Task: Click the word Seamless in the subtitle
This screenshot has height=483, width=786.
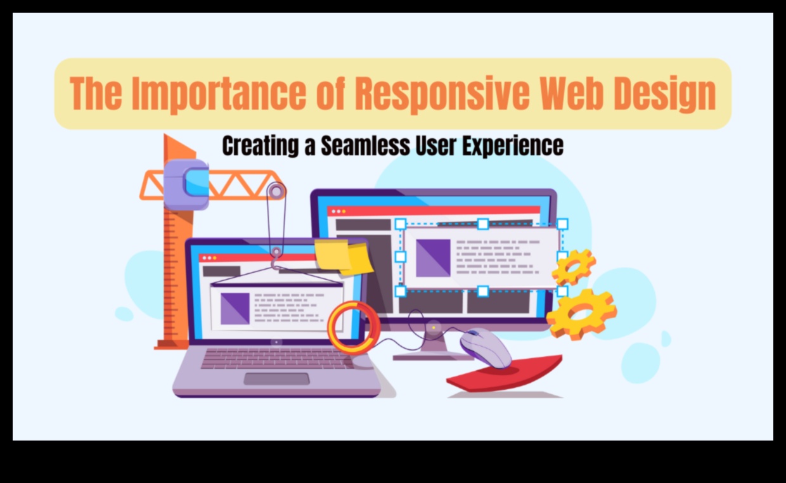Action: tap(365, 146)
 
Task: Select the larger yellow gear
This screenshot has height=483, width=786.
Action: tap(581, 314)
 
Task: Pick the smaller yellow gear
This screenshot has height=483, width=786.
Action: tap(574, 267)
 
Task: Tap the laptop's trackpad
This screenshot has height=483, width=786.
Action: tap(276, 379)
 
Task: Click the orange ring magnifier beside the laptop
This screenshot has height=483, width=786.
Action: tap(354, 327)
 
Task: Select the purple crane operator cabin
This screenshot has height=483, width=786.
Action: tap(186, 184)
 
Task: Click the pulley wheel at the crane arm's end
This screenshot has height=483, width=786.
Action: tap(276, 191)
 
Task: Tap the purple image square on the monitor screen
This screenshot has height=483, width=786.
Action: tap(433, 258)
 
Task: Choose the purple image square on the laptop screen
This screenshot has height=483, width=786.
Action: tap(235, 309)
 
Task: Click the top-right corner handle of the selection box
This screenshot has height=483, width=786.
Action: tap(562, 224)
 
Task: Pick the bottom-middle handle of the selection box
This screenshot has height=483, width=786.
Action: tap(483, 291)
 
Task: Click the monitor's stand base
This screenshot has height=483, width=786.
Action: tap(434, 357)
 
